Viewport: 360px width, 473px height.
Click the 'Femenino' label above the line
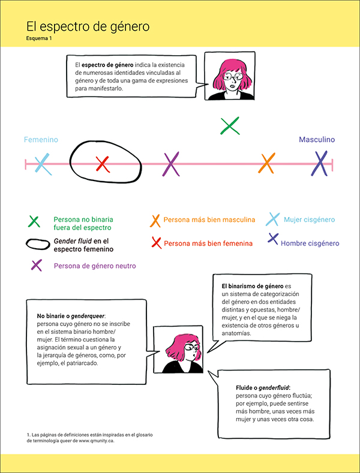click(41, 140)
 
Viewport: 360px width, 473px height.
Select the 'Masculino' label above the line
click(317, 140)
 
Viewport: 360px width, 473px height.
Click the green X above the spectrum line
click(230, 126)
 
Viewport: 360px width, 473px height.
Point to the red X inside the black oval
click(103, 162)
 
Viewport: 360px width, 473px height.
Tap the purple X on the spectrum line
click(172, 163)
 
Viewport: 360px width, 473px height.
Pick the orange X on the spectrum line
click(267, 162)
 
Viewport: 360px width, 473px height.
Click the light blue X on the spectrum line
click(43, 163)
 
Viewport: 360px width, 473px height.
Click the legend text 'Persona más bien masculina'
click(209, 220)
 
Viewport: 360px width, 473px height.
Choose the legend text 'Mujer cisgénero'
click(309, 220)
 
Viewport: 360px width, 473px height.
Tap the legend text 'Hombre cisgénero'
click(310, 243)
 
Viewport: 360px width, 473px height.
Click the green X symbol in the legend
click(34, 221)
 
